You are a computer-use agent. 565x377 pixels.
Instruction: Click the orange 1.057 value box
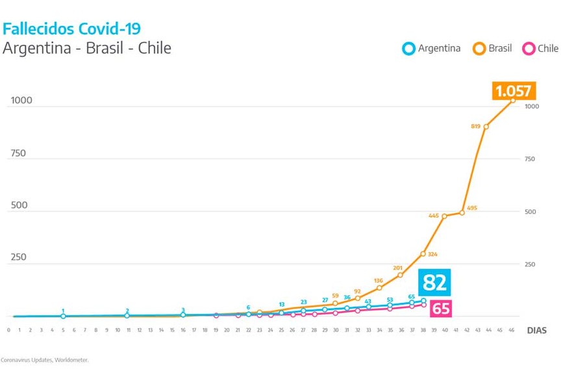point(513,91)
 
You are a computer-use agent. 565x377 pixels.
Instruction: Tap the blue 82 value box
point(434,283)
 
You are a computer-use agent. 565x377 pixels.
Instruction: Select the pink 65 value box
point(440,308)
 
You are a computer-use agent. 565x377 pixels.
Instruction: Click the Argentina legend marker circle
point(408,48)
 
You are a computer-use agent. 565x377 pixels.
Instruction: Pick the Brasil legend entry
point(494,48)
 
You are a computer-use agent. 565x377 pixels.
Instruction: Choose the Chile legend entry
point(540,48)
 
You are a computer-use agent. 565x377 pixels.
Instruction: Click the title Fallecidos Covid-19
point(71,29)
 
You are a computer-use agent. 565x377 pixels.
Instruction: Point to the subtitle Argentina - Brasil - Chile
point(87,48)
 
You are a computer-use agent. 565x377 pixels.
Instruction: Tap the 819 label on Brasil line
point(475,126)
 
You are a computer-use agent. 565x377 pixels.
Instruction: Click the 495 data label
point(471,208)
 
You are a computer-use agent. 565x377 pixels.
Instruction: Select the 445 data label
point(434,216)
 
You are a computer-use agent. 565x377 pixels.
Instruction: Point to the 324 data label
point(433,254)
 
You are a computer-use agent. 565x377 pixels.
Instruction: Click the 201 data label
point(397,268)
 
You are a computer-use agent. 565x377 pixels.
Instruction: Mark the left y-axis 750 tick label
point(18,153)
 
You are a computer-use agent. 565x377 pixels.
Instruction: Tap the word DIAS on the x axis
point(536,330)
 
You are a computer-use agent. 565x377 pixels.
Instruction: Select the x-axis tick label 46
point(512,330)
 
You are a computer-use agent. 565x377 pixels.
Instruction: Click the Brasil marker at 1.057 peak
point(512,100)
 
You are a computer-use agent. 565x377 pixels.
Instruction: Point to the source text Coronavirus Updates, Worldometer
point(45,359)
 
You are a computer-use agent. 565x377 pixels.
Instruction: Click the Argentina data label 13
point(282,304)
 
